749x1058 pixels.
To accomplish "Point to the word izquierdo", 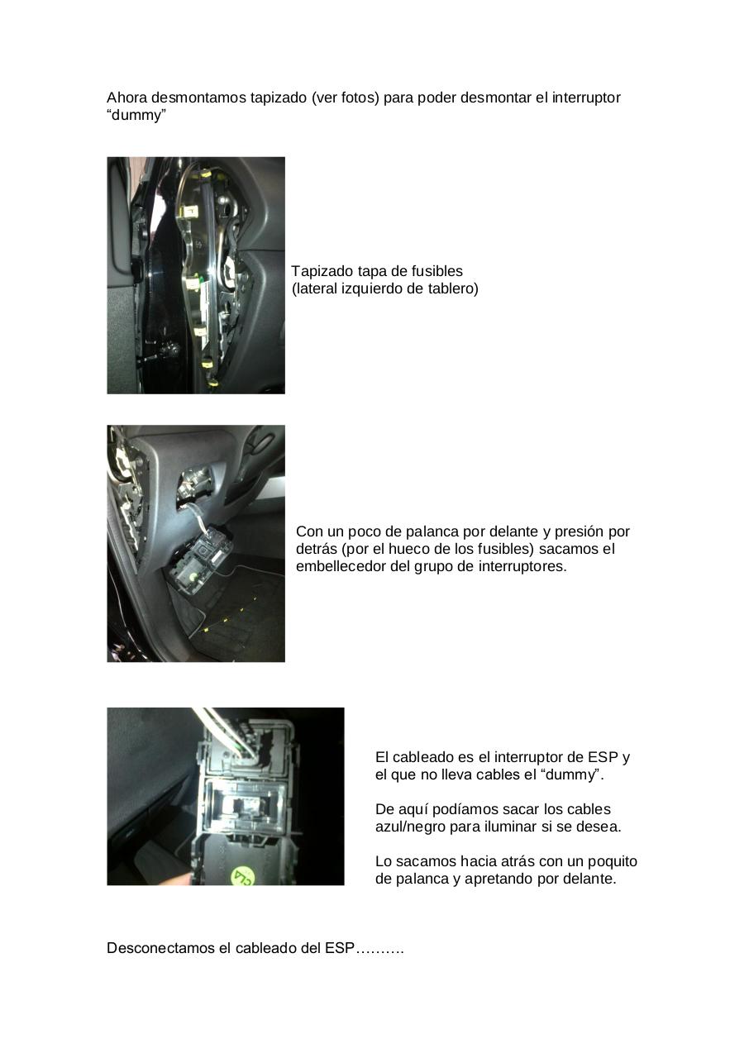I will [x=372, y=288].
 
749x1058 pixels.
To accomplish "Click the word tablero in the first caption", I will [x=451, y=288].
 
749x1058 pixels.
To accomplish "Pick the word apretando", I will [x=496, y=879].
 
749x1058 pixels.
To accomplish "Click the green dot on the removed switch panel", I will [x=193, y=571].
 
